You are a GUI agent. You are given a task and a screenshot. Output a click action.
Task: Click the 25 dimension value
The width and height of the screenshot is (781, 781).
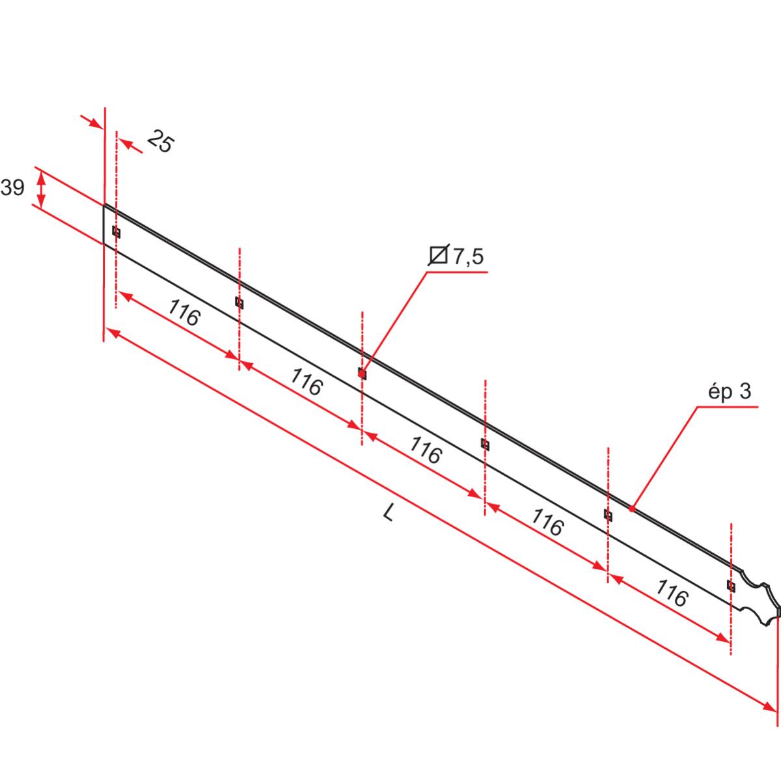pos(160,141)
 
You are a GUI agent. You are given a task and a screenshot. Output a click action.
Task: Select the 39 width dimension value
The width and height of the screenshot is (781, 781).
pos(12,188)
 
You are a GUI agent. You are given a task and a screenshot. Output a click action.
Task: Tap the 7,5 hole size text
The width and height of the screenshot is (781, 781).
pos(468,256)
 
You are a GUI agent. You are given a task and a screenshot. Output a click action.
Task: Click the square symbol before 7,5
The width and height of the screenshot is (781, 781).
pos(439,256)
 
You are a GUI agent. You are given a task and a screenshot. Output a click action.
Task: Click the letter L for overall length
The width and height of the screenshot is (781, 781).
pos(389,514)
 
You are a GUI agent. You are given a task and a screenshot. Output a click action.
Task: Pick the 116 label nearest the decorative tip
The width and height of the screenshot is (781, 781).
pos(671,594)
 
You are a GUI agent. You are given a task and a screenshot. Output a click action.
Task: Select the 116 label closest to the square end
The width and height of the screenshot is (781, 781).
pos(184,313)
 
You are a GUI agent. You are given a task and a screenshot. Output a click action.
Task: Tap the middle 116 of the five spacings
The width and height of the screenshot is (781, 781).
pos(426,450)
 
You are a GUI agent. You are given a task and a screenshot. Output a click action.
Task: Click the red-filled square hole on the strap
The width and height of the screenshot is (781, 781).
pos(363,374)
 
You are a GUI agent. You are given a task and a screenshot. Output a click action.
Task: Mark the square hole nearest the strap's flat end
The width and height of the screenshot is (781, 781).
pos(116,232)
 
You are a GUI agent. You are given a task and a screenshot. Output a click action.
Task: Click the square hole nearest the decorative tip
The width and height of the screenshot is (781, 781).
pos(731,586)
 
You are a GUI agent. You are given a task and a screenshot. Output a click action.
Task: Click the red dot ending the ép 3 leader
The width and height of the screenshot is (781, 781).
pos(631,508)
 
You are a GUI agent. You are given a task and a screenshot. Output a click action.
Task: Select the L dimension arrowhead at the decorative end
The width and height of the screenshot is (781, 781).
pos(769,706)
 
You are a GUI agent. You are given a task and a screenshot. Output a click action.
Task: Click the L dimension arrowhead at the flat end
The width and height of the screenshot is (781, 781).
pos(113,334)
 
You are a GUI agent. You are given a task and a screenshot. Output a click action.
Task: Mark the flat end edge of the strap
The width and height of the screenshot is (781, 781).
pos(104,225)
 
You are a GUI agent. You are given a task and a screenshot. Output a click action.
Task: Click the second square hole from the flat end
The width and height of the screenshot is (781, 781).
pos(240,303)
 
